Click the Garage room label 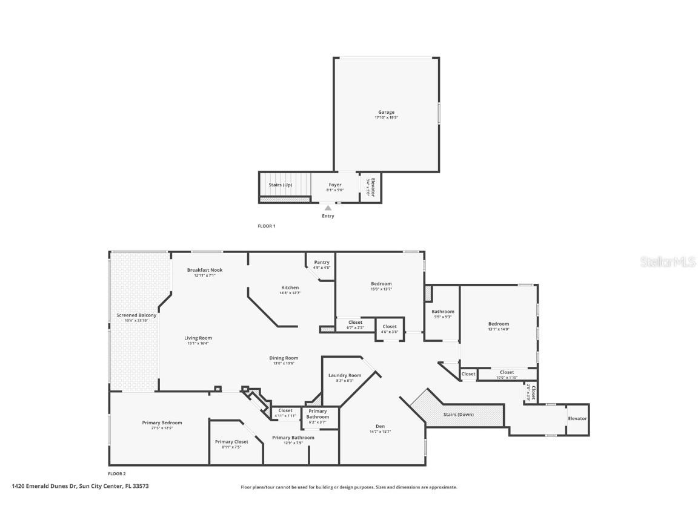tap(386, 112)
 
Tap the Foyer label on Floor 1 tap(335, 185)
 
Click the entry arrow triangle tap(328, 208)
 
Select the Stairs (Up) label tap(280, 185)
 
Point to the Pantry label tap(322, 262)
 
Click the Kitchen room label tap(290, 288)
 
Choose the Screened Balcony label tap(136, 315)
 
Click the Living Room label tap(198, 338)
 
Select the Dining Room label tap(284, 358)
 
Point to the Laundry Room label tap(345, 375)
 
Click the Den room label tap(380, 426)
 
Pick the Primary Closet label tap(231, 442)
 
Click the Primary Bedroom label tap(162, 423)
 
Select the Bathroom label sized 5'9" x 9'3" tap(442, 312)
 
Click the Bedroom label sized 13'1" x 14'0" tap(499, 324)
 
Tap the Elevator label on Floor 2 tap(577, 418)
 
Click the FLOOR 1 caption tap(267, 226)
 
